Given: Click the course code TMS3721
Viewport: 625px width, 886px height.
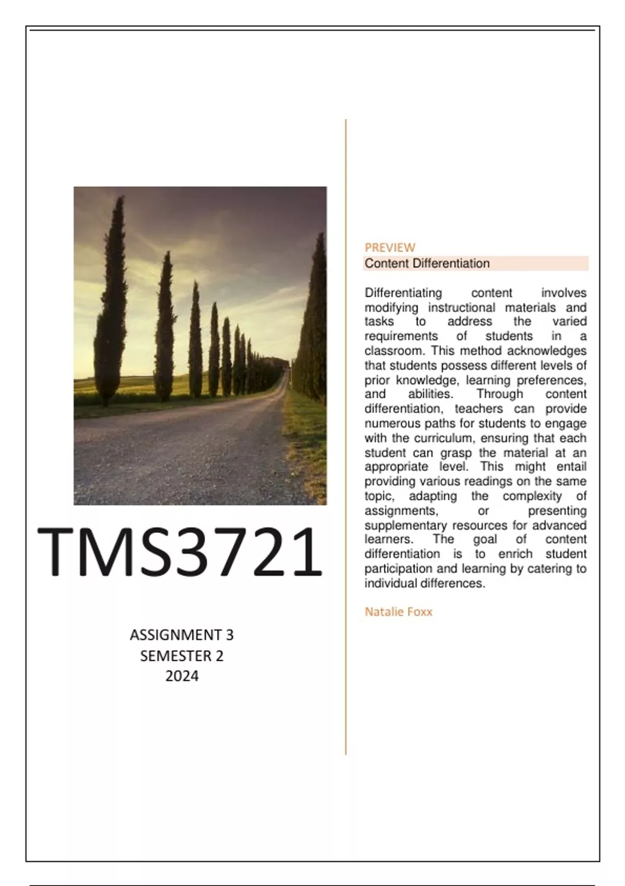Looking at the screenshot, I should tap(180, 552).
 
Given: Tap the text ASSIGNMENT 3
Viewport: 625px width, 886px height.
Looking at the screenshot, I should tap(182, 635).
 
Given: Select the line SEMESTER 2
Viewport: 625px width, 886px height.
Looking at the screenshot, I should tap(182, 656).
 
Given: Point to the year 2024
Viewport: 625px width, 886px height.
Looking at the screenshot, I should tap(182, 676).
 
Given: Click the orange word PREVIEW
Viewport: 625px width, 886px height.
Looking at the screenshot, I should tap(390, 248).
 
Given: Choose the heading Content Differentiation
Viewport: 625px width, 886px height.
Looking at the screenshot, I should tap(427, 263).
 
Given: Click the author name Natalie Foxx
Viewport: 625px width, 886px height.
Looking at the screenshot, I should tap(398, 612).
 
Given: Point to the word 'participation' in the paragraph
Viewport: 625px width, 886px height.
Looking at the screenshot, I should tap(395, 569).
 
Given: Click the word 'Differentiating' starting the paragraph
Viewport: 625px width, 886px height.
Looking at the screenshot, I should tap(403, 293).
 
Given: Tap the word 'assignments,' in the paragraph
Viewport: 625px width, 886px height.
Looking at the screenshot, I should tap(401, 511).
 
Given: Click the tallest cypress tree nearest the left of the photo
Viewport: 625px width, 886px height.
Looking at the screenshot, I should tap(111, 302).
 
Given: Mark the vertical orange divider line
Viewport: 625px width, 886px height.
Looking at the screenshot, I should tap(346, 438).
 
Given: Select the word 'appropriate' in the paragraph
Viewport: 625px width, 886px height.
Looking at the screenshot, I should tap(396, 467).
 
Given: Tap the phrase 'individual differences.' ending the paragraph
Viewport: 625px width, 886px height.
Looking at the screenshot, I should tap(424, 583).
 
